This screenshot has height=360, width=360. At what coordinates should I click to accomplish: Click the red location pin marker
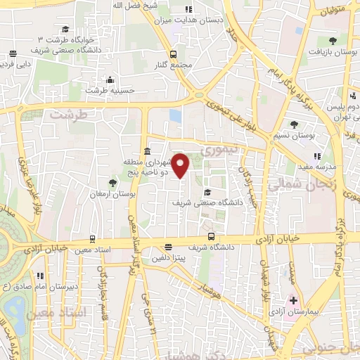181,165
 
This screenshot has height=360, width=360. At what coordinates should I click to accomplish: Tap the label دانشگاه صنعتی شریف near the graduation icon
207,202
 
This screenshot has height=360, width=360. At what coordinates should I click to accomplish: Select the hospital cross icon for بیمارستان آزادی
294,301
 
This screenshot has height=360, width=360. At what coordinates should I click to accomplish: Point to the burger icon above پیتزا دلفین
167,247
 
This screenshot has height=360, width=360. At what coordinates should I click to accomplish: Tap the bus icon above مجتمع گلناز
172,53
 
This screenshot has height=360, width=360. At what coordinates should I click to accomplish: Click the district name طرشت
67,114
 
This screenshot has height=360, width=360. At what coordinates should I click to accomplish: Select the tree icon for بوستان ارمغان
112,183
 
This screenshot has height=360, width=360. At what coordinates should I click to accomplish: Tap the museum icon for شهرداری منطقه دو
146,153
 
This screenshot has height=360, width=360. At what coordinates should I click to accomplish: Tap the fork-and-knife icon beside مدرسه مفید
316,156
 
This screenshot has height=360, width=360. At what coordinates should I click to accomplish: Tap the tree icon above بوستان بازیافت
333,41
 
